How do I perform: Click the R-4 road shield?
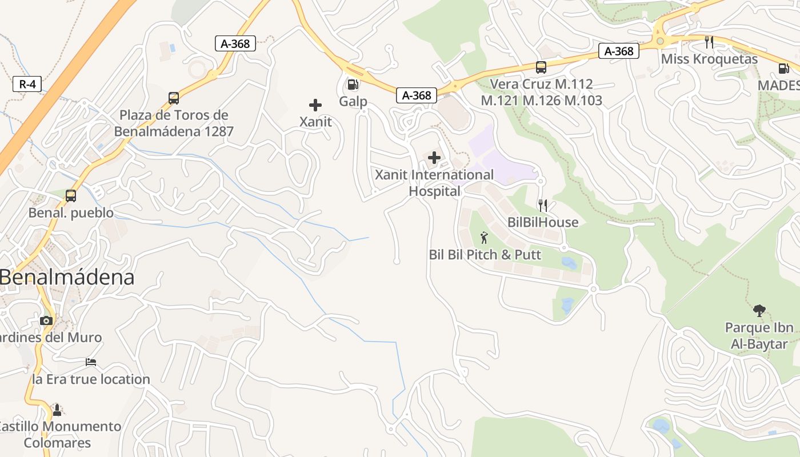tap(27, 85)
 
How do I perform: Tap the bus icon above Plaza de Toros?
tap(174, 98)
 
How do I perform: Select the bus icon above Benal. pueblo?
tap(71, 196)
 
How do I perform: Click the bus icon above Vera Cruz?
tap(541, 67)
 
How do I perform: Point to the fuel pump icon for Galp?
tap(353, 85)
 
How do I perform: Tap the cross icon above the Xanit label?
tap(315, 105)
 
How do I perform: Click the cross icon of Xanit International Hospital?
tap(434, 158)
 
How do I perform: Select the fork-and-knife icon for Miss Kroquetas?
tap(709, 42)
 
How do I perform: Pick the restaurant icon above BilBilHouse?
tap(543, 205)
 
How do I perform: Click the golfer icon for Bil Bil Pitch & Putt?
tap(485, 237)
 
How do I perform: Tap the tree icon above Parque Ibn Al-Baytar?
tap(759, 311)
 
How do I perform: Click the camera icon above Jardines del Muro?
tap(47, 320)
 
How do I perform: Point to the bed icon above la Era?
tap(91, 362)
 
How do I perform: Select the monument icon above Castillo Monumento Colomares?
tap(57, 410)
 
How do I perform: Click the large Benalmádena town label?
tap(67, 278)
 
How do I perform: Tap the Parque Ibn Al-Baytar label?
tap(759, 336)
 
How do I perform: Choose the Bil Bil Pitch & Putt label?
tap(485, 255)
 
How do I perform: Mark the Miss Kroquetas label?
tap(709, 59)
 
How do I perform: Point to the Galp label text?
tap(353, 102)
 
